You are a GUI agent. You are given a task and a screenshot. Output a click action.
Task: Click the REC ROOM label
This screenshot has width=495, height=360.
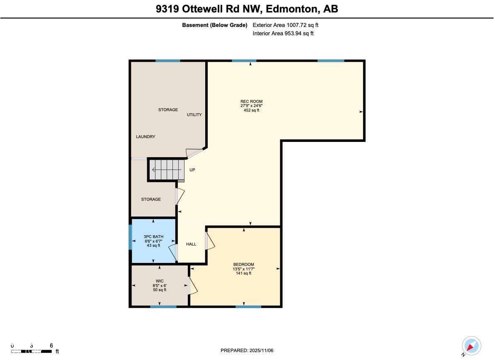[x=251, y=102]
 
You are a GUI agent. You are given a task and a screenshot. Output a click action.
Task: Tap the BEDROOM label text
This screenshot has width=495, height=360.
[x=243, y=265]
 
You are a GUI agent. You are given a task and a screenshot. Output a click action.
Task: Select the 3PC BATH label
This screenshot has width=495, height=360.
[x=153, y=237]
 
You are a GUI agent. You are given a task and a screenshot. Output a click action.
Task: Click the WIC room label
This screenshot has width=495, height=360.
[x=160, y=281]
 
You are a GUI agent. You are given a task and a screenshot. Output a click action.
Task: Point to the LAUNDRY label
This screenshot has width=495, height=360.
[x=146, y=137]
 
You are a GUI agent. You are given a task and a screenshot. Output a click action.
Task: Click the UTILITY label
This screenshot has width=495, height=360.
[x=194, y=115]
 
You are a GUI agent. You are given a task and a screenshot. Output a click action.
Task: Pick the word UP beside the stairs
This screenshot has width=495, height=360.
[x=192, y=170]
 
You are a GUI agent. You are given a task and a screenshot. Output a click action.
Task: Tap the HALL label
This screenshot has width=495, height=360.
[x=191, y=244]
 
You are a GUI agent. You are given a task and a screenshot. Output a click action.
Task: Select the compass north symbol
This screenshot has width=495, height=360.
[x=471, y=346]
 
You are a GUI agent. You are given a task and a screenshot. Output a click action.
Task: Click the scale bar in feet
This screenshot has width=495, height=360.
[x=32, y=351]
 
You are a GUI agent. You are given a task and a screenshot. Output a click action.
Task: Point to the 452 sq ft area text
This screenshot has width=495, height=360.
[x=251, y=111]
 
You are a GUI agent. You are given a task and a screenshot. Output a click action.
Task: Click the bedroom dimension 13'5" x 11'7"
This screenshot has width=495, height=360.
[x=243, y=269]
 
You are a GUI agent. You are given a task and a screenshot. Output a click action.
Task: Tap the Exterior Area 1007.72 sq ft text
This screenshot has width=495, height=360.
[x=285, y=25]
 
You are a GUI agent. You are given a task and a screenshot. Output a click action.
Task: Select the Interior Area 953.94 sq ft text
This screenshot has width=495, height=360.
[x=283, y=34]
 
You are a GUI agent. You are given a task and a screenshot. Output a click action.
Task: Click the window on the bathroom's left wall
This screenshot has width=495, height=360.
[x=130, y=237]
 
